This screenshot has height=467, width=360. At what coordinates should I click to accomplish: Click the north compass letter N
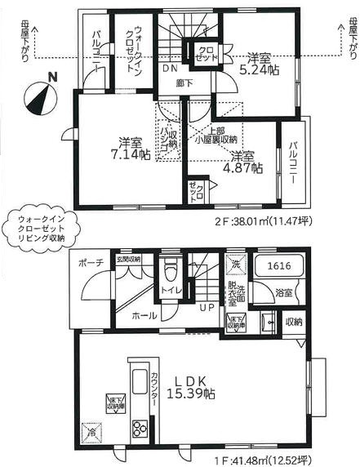point(52,78)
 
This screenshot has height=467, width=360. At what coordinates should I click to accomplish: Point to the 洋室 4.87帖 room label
point(245,161)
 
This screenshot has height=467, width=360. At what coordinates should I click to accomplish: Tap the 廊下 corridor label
point(185,83)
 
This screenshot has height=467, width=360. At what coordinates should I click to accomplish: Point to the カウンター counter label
point(152,395)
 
